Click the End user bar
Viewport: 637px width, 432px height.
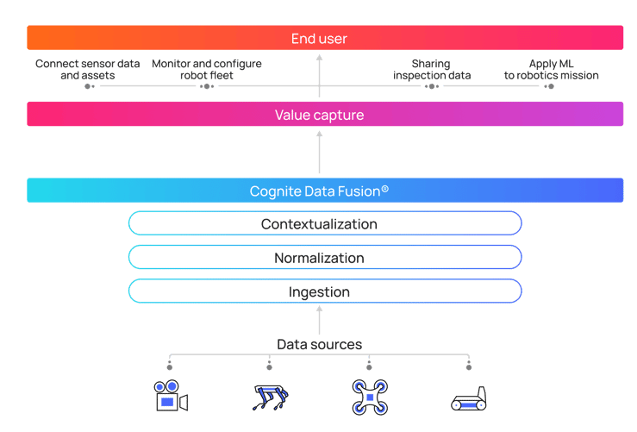pyautogui.click(x=324, y=38)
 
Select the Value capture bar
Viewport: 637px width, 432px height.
pyautogui.click(x=324, y=115)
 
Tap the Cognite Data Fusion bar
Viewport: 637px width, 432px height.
pyautogui.click(x=324, y=190)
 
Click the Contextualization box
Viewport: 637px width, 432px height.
pyautogui.click(x=324, y=224)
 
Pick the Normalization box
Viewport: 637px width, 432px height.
pyautogui.click(x=324, y=258)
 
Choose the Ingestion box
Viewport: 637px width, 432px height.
pyautogui.click(x=324, y=292)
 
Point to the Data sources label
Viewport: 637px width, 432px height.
pyautogui.click(x=319, y=345)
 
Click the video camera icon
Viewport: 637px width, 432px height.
pyautogui.click(x=171, y=398)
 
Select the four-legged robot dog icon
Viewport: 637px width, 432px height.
pyautogui.click(x=269, y=398)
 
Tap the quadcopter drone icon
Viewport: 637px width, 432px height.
pyautogui.click(x=369, y=397)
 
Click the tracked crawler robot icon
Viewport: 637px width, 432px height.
pyautogui.click(x=469, y=398)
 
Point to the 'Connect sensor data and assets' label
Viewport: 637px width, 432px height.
pyautogui.click(x=87, y=70)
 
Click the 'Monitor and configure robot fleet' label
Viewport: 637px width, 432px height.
pyautogui.click(x=207, y=70)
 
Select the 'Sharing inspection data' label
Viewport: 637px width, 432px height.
pyautogui.click(x=431, y=70)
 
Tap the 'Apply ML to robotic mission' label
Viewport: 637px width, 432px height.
pyautogui.click(x=551, y=70)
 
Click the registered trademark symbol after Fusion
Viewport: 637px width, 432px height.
pyautogui.click(x=384, y=187)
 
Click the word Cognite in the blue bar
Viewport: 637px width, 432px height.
pyautogui.click(x=272, y=190)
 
